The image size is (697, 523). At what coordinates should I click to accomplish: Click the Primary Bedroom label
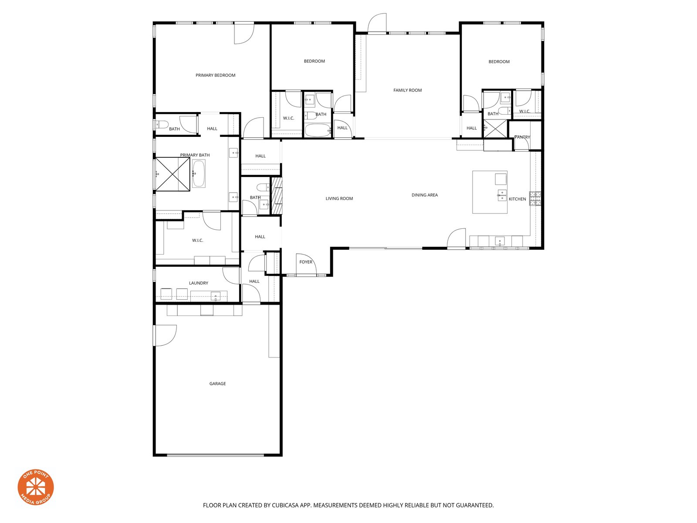215,75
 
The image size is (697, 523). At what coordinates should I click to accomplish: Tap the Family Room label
407,90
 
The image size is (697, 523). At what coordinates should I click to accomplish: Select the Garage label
217,384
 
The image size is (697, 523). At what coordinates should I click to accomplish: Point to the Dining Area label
425,195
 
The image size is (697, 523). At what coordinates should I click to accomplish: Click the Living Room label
339,198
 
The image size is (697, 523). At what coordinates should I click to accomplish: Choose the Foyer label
306,262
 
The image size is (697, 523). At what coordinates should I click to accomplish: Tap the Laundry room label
199,283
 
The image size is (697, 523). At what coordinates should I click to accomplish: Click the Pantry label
522,137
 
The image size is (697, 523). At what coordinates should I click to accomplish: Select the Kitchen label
517,199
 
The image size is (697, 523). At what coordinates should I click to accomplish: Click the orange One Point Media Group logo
36,487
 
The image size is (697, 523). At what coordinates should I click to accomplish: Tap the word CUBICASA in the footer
285,505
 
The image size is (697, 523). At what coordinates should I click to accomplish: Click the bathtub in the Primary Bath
199,173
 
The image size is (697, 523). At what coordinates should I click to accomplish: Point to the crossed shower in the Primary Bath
173,174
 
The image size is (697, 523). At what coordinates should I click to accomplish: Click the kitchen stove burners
535,198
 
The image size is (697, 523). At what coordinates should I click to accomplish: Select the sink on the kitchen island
502,195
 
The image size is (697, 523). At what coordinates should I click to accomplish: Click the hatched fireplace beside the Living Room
277,195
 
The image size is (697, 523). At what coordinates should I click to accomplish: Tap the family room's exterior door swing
377,23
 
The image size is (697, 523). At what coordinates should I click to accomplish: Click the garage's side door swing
165,335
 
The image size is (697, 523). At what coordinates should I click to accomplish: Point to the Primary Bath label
195,155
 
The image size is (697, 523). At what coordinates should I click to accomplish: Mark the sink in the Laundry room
216,297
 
